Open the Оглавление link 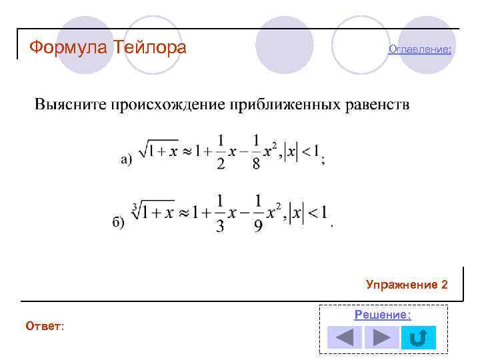(x=420, y=49)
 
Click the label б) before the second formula (x=118, y=222)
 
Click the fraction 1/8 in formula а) (x=256, y=153)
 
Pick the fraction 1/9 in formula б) (x=257, y=215)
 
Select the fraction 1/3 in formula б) (x=220, y=215)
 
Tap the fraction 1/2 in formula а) (x=221, y=153)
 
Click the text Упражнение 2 (x=407, y=285)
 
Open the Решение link (x=383, y=315)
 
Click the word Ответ (x=45, y=326)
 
